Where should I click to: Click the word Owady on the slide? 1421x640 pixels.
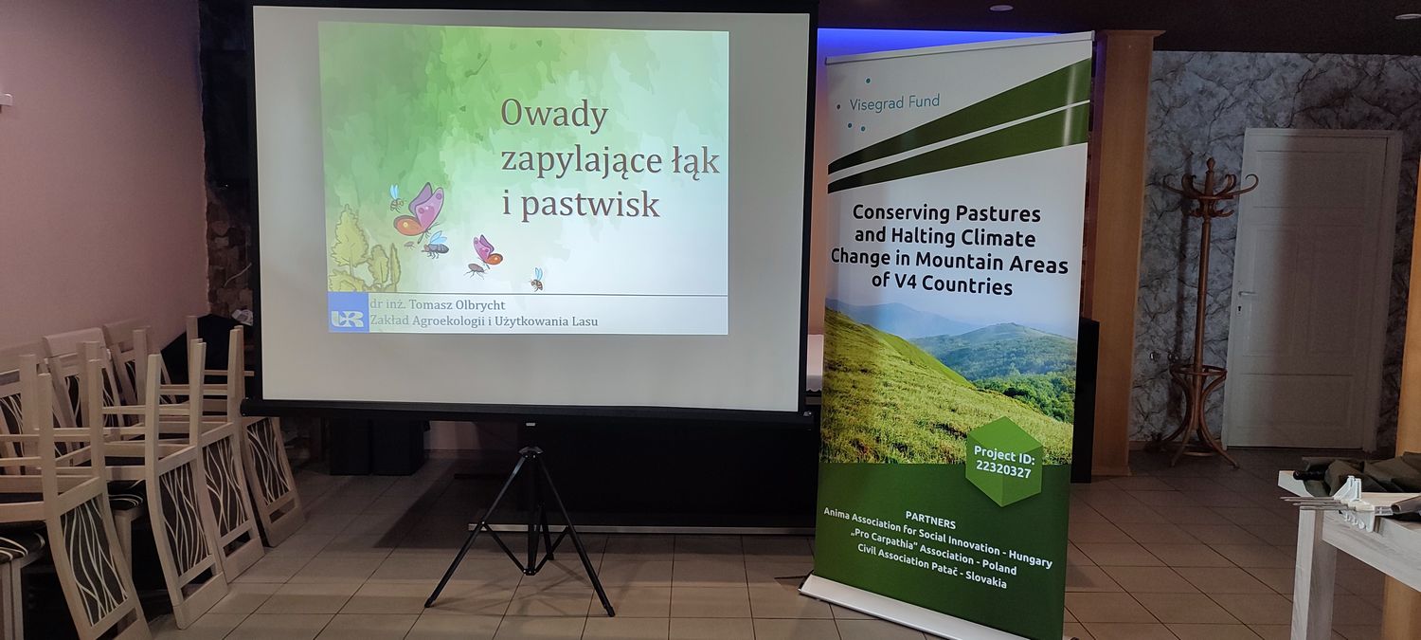coord(554,115)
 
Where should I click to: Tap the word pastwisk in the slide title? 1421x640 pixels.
coord(590,205)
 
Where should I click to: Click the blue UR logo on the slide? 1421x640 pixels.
coord(348,319)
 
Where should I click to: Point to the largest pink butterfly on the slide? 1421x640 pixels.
coord(419,210)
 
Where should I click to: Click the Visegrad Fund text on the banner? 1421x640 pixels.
coord(894,101)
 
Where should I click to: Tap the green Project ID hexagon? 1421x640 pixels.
coord(1003,462)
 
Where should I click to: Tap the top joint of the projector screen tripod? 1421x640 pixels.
coord(531,452)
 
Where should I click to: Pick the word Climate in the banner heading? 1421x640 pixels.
coord(1004,239)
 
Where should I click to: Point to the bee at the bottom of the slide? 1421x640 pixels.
coord(537,280)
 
